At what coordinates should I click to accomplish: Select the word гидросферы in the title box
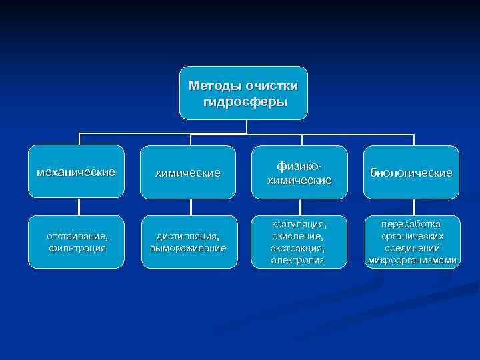[x=244, y=102]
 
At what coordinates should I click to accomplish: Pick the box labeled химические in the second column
[x=187, y=173]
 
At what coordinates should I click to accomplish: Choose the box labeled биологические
[x=411, y=173]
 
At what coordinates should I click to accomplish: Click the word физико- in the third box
[x=299, y=165]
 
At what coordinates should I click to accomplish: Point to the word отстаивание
[x=77, y=236]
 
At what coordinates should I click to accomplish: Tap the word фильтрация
[x=77, y=248]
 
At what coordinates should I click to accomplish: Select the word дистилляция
[x=187, y=236]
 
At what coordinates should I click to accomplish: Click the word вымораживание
[x=187, y=248]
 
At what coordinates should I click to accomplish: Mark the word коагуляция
[x=299, y=225]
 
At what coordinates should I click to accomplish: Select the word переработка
[x=411, y=225]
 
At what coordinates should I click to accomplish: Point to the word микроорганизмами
[x=411, y=260]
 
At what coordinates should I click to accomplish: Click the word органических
[x=411, y=236]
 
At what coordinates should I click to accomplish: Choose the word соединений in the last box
[x=411, y=248]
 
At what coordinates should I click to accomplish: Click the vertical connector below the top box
[x=247, y=127]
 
